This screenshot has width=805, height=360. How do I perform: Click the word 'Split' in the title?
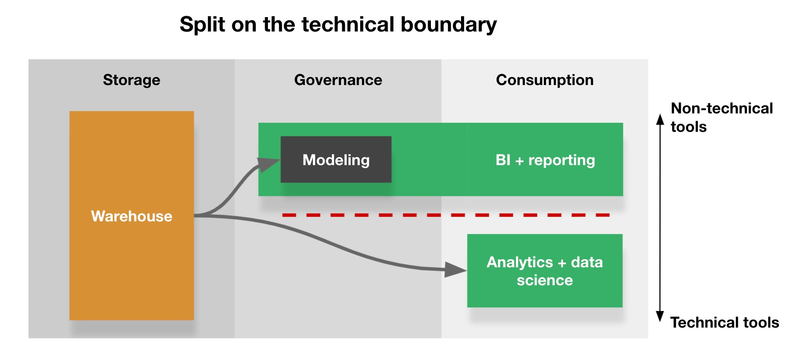tap(202, 25)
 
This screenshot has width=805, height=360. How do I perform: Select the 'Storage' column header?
tap(131, 80)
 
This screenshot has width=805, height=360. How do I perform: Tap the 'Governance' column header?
tap(338, 80)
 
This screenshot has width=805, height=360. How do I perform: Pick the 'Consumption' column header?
tap(545, 80)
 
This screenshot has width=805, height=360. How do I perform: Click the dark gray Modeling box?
tap(336, 160)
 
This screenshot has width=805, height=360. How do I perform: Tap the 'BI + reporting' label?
tap(545, 160)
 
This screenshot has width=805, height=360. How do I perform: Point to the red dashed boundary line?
tap(446, 215)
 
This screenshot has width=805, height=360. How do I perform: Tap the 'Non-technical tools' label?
tap(721, 117)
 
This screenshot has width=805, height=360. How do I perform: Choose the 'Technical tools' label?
tap(724, 323)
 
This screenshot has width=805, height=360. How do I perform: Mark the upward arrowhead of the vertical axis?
tap(660, 119)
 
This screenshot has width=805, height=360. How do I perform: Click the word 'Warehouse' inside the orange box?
tap(131, 216)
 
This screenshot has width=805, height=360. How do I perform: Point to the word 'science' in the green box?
tap(545, 280)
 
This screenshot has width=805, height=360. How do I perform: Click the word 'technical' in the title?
tap(348, 25)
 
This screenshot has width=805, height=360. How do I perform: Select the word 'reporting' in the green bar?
tap(561, 160)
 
